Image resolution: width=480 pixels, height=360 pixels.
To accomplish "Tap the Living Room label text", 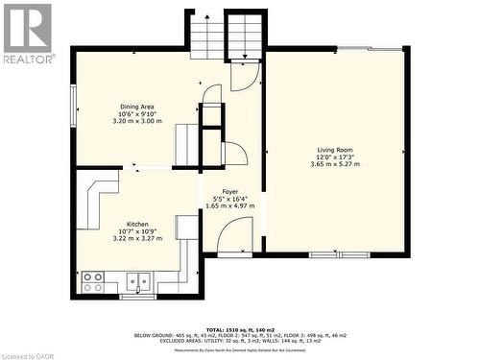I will pyautogui.click(x=336, y=150).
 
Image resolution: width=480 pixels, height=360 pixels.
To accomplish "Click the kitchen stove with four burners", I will pyautogui.click(x=93, y=282).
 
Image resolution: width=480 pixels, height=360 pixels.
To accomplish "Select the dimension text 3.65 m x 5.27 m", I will pyautogui.click(x=336, y=164).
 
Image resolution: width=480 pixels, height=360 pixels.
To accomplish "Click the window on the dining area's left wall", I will pyautogui.click(x=74, y=101).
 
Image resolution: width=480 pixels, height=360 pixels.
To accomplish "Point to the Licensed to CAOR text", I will pyautogui.click(x=33, y=352).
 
